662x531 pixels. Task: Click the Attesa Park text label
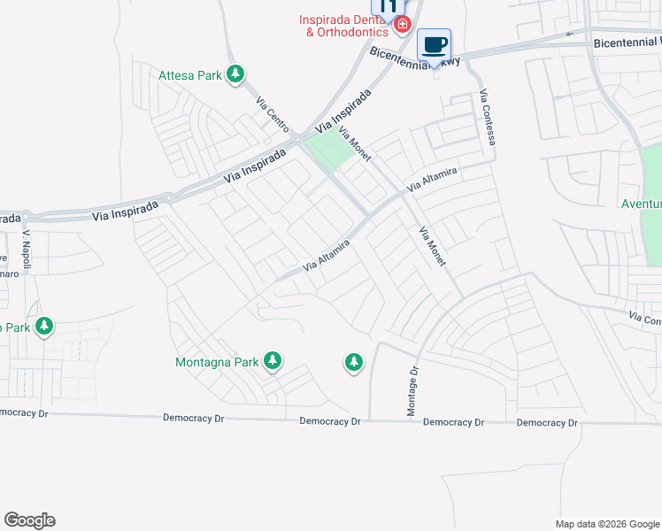pyautogui.click(x=189, y=75)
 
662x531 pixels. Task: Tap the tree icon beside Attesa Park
pyautogui.click(x=235, y=74)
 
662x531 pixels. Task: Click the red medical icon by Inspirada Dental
pyautogui.click(x=403, y=24)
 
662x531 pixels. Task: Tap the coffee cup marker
pyautogui.click(x=434, y=44)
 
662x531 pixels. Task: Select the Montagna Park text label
pyautogui.click(x=217, y=362)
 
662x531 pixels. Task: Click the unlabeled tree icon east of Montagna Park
pyautogui.click(x=354, y=361)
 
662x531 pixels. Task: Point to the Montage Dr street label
pyautogui.click(x=412, y=389)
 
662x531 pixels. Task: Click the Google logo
pyautogui.click(x=29, y=520)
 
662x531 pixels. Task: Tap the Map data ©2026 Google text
pyautogui.click(x=607, y=524)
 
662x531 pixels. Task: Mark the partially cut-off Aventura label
pyautogui.click(x=641, y=204)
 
